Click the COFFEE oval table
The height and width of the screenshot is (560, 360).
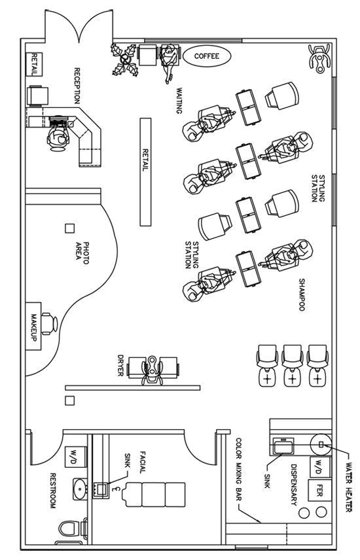tap(206, 56)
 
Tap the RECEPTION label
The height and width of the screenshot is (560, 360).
tap(77, 86)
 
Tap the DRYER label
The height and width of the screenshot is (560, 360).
tap(120, 366)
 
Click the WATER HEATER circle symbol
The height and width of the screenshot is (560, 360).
tap(321, 445)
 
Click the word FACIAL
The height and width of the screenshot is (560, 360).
tap(141, 464)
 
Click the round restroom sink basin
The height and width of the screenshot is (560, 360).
tap(79, 487)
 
